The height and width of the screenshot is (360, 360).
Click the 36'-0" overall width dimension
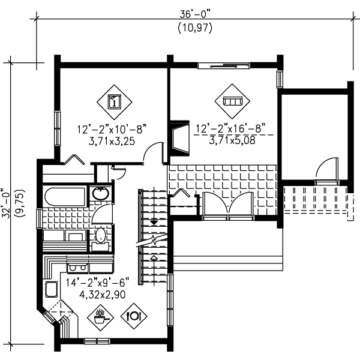tap(194, 14)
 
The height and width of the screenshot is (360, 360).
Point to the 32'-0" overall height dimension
tap(5, 203)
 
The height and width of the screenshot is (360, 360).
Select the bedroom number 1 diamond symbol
tap(115, 102)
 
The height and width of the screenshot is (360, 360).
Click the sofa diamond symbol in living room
tap(232, 101)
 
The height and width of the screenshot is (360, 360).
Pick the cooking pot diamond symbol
tap(100, 317)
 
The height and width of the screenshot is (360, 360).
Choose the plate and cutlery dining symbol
tap(134, 316)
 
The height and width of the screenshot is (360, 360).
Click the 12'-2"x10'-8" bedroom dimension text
tap(112, 129)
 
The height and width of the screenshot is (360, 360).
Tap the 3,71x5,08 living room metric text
tap(232, 140)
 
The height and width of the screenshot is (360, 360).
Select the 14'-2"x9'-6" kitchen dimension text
tap(98, 282)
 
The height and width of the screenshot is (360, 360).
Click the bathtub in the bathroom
tap(65, 197)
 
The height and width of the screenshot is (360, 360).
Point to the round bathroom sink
tap(101, 194)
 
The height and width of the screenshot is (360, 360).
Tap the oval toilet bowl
tap(100, 235)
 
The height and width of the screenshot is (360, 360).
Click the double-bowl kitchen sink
tap(77, 268)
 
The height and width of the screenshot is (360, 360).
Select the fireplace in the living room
tap(180, 138)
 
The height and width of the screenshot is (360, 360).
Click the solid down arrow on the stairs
tap(154, 222)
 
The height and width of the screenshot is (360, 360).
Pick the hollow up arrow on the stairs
tap(154, 257)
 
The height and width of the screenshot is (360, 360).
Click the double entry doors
tap(228, 205)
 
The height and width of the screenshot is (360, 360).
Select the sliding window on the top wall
tap(224, 65)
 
